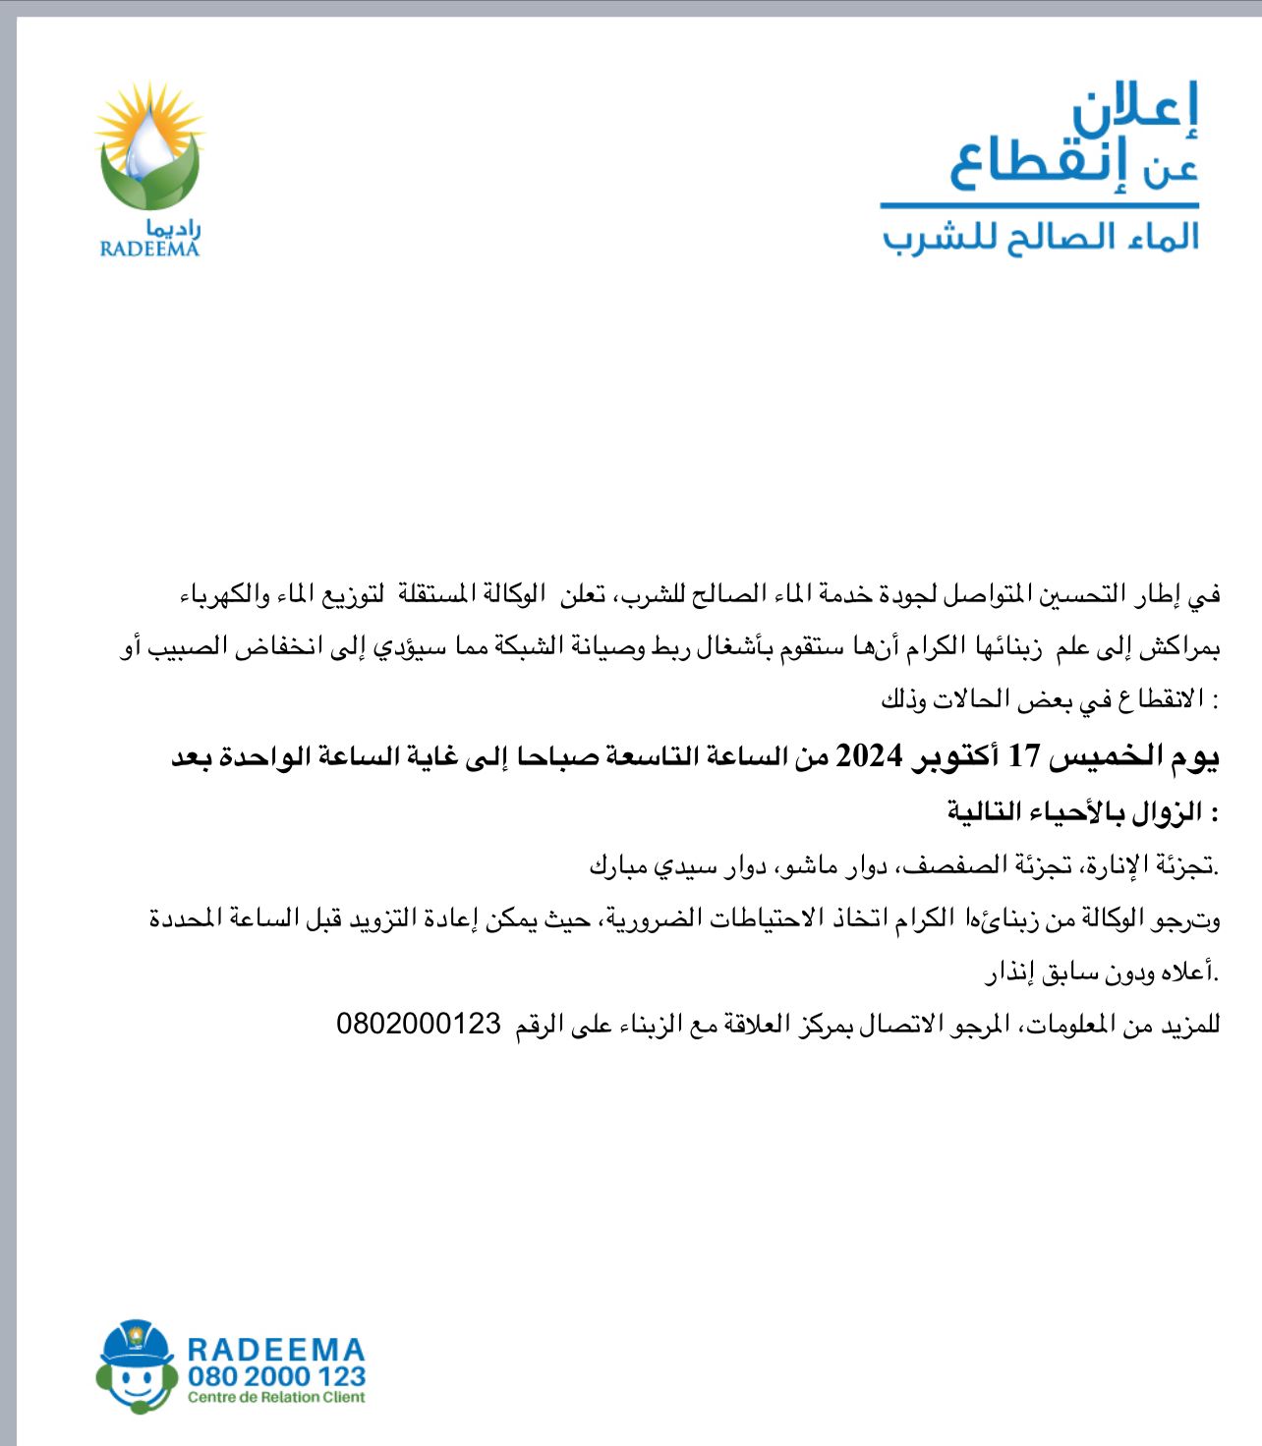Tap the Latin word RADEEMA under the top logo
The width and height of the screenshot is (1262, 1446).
[149, 249]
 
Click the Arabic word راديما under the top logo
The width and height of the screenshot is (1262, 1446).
[173, 228]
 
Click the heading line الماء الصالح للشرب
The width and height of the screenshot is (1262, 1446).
[1040, 238]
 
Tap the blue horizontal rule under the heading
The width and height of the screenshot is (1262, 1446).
[1039, 205]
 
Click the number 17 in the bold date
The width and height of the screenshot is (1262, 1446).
[1024, 756]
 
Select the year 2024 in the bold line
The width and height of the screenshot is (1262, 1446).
[869, 756]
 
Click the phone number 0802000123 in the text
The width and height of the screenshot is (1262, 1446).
[419, 1024]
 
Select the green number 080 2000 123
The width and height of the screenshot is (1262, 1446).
[277, 1376]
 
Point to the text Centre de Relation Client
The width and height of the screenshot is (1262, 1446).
[276, 1397]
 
